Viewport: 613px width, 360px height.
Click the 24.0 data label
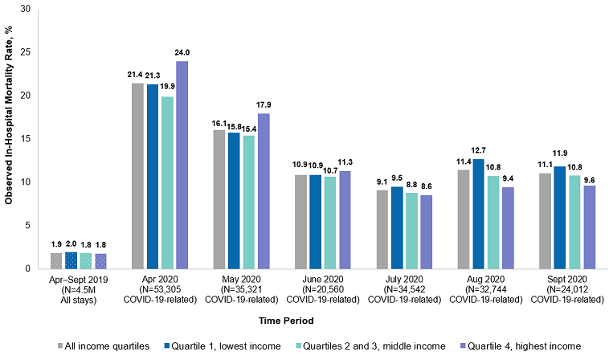[182, 54]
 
